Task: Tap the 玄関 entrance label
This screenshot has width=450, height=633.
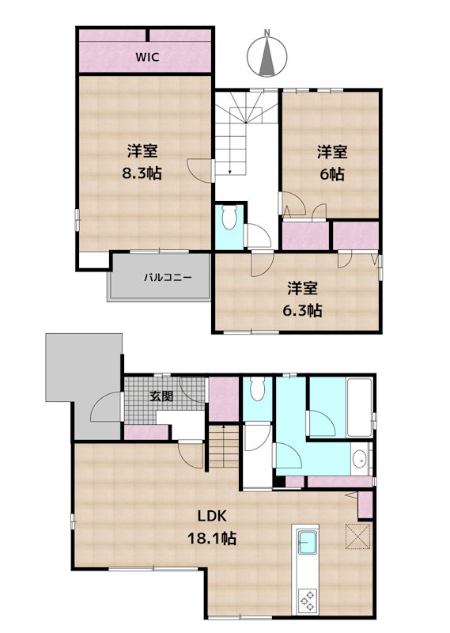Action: pos(161,396)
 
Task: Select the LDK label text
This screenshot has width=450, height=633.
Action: pos(212,515)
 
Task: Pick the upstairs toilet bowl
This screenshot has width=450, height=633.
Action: pos(231,216)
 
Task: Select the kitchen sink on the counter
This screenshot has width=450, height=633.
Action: pos(307,544)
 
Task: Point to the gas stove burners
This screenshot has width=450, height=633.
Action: pos(306,599)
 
